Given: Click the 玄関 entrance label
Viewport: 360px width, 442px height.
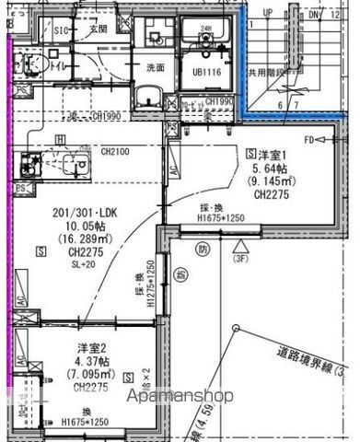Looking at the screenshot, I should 99,29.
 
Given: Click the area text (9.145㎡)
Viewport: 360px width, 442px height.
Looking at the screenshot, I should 273,181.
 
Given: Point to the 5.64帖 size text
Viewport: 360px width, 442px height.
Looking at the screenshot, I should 273,168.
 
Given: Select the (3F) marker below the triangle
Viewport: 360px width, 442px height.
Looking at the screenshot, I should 239,260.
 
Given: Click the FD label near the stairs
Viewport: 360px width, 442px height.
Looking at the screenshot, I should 310,140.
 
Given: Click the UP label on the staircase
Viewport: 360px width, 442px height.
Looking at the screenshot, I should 268,13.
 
